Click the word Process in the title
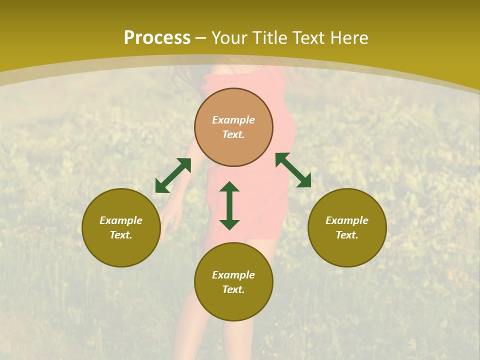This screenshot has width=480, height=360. (x=157, y=38)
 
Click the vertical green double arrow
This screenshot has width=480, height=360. (x=229, y=205)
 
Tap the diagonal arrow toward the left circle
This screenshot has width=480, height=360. (x=173, y=175)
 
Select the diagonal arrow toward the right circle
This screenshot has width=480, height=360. (x=293, y=170)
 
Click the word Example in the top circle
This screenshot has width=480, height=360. (x=233, y=120)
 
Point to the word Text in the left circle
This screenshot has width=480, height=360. (x=121, y=235)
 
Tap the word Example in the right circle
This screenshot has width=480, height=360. (x=347, y=220)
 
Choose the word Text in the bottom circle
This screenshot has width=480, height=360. (x=233, y=289)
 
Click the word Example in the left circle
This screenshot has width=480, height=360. (x=121, y=220)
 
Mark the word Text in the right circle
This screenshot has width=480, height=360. (x=347, y=235)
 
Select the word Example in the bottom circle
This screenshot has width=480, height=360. (x=233, y=275)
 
